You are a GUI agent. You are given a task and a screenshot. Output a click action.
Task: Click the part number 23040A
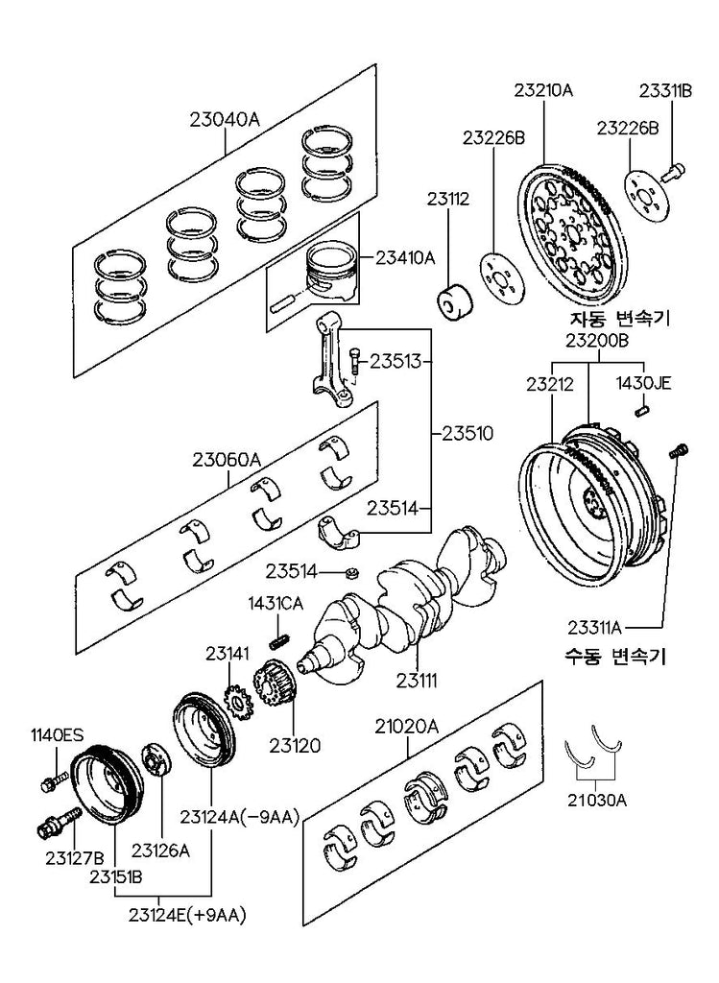point(225,120)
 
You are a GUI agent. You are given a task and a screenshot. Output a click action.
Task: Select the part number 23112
point(448,200)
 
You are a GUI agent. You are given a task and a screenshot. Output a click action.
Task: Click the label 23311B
point(665,91)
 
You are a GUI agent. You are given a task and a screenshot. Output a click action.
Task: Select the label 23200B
point(595,340)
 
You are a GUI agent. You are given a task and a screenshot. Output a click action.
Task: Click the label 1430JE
point(643,383)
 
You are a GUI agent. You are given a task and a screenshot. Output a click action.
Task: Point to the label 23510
point(467,433)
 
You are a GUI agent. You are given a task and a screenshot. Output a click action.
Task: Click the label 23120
point(294,744)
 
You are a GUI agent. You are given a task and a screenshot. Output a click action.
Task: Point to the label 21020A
point(406,727)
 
